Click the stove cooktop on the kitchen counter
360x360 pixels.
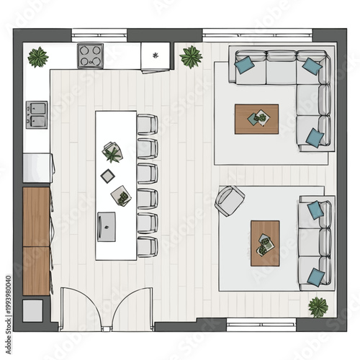tap(91, 55)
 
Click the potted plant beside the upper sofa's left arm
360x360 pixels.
tap(191, 55)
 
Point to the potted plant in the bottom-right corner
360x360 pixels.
tap(318, 306)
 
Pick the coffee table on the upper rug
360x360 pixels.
tap(256, 119)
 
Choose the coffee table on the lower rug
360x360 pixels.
tap(264, 243)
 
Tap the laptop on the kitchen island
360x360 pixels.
tap(107, 225)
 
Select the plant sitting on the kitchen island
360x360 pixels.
tap(112, 152)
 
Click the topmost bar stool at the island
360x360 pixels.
tap(147, 125)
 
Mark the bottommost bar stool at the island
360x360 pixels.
tap(147, 246)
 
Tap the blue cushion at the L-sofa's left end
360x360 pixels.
tap(245, 63)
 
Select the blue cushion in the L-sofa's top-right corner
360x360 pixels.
tap(312, 66)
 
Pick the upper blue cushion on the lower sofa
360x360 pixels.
tap(315, 210)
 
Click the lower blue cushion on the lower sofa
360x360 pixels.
tap(315, 276)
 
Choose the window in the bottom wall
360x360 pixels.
tap(261, 323)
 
